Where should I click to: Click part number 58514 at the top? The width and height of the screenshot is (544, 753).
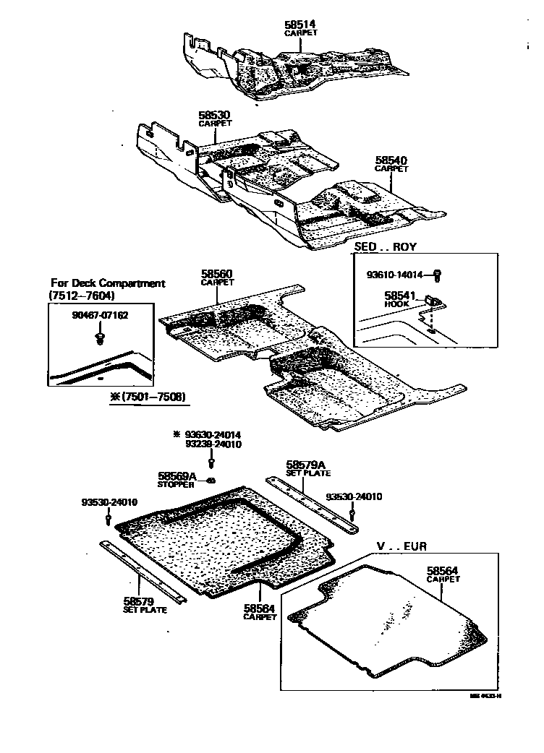(301, 25)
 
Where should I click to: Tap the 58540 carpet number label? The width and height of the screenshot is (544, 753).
(391, 160)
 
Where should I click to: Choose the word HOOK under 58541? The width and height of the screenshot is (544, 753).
(397, 304)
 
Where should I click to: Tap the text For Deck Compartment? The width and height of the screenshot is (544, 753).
(108, 283)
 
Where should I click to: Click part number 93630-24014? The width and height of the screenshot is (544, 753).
(212, 434)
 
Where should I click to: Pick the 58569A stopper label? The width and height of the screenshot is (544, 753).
(178, 476)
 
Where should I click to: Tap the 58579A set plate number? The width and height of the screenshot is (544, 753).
(307, 465)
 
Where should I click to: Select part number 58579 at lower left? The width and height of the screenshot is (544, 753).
(136, 601)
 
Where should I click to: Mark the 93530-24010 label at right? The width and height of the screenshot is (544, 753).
(354, 496)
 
